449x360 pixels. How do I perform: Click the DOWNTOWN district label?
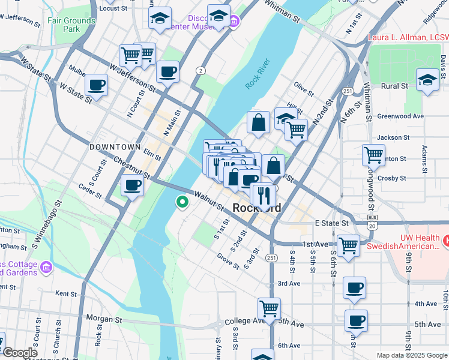115,147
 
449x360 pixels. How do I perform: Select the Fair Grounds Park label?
71,25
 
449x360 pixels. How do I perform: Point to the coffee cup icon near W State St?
96,85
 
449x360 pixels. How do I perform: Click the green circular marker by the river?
182,202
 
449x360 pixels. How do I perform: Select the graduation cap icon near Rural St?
427,80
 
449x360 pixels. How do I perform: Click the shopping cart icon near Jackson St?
373,155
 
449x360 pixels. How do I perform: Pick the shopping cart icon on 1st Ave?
348,244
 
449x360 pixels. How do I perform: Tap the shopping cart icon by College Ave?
270,308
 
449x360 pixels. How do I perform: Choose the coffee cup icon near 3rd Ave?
354,287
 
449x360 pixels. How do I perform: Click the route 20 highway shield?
372,226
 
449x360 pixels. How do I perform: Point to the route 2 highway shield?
200,71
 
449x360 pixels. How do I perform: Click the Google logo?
20,353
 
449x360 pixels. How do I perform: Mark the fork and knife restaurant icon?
264,194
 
